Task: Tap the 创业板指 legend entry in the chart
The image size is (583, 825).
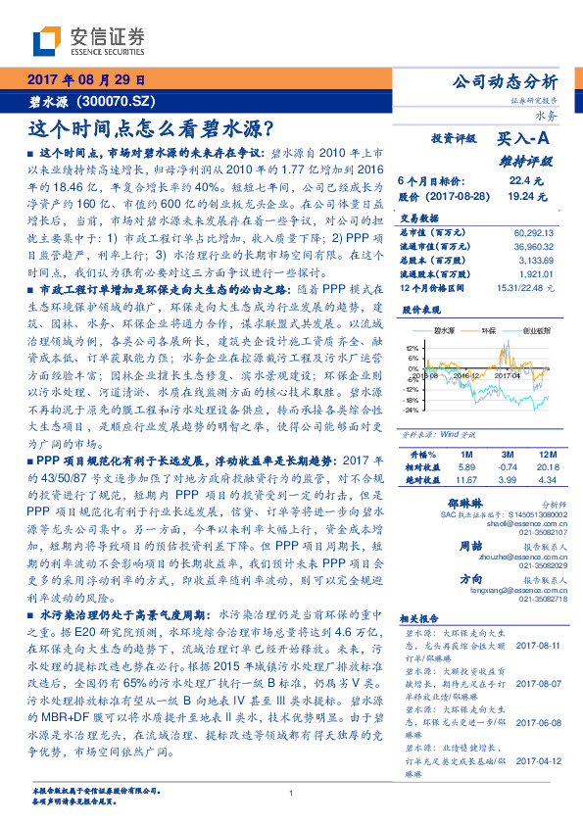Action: [534, 333]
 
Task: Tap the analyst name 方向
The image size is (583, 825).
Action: [471, 579]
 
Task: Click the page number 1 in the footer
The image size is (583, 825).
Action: [291, 794]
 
